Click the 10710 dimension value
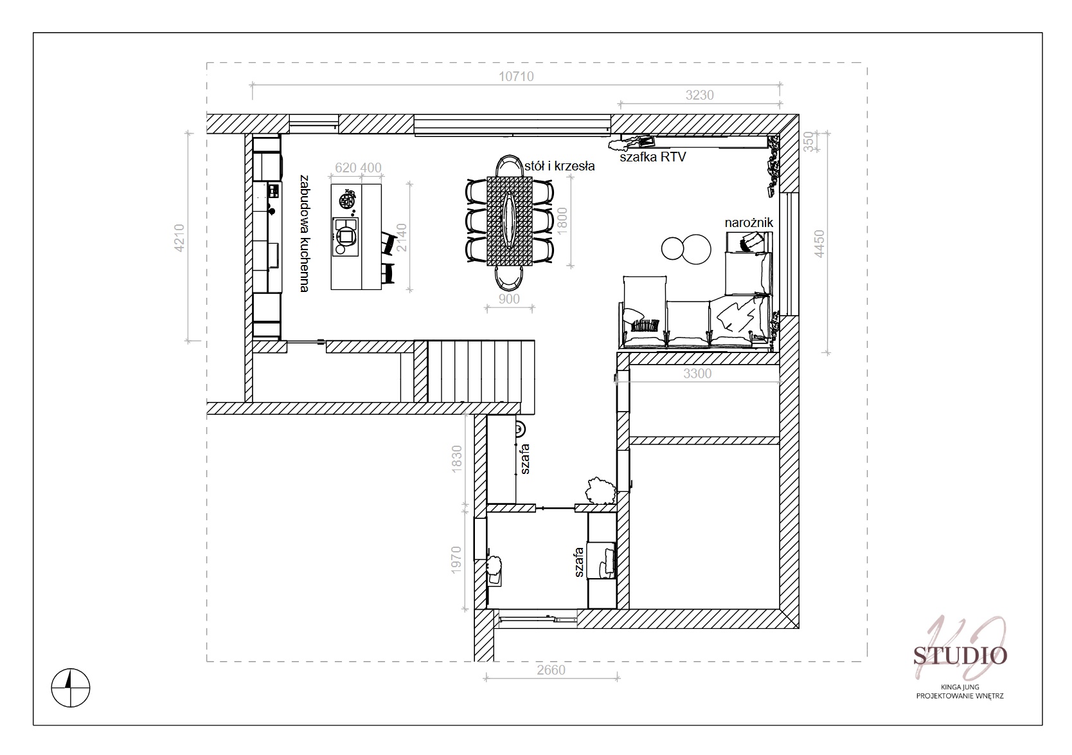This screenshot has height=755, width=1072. (516, 77)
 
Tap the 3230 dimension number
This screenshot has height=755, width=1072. (699, 95)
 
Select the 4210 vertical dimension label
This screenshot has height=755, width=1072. (179, 238)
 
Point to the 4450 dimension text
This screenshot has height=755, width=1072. (819, 244)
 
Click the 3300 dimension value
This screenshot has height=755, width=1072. (697, 374)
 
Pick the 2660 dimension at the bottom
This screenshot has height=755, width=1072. (551, 669)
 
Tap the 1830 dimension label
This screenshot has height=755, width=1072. (456, 459)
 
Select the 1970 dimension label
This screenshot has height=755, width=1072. (456, 559)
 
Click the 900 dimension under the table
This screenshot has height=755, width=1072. (509, 299)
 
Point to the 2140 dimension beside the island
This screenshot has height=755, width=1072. (402, 238)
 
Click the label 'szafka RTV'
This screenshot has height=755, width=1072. (653, 157)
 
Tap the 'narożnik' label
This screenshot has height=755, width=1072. (749, 223)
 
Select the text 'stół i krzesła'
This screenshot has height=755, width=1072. (559, 166)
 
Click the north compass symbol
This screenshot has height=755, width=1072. (71, 688)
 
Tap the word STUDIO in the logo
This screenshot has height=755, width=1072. (960, 656)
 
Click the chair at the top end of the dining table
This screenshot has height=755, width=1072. (509, 166)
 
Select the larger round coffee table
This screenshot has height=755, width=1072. (696, 250)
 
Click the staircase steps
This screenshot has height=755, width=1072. (481, 371)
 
